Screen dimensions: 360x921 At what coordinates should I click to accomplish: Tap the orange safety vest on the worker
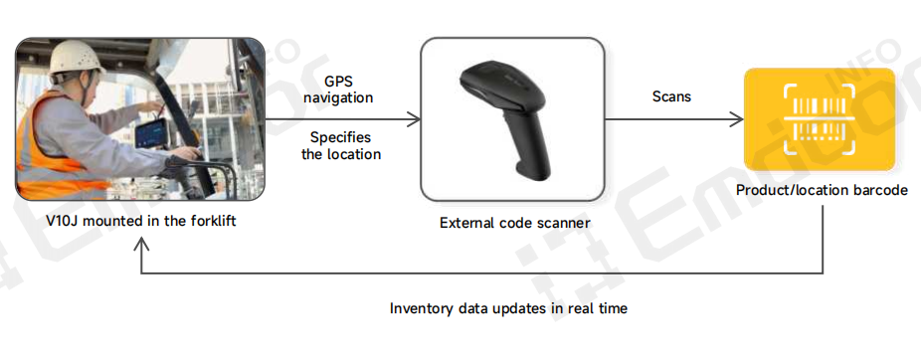tap(60, 139)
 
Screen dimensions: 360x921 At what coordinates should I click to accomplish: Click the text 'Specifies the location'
tap(340, 145)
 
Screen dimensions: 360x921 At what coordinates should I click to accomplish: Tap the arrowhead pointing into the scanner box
tap(414, 120)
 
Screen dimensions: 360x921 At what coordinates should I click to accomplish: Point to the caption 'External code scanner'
tap(514, 223)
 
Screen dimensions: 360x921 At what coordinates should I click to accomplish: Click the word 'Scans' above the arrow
tap(671, 97)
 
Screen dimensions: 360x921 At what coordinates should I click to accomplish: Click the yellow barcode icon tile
tap(820, 117)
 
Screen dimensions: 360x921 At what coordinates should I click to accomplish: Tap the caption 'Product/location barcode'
tap(822, 190)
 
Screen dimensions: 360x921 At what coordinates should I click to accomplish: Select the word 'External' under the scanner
tap(466, 223)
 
